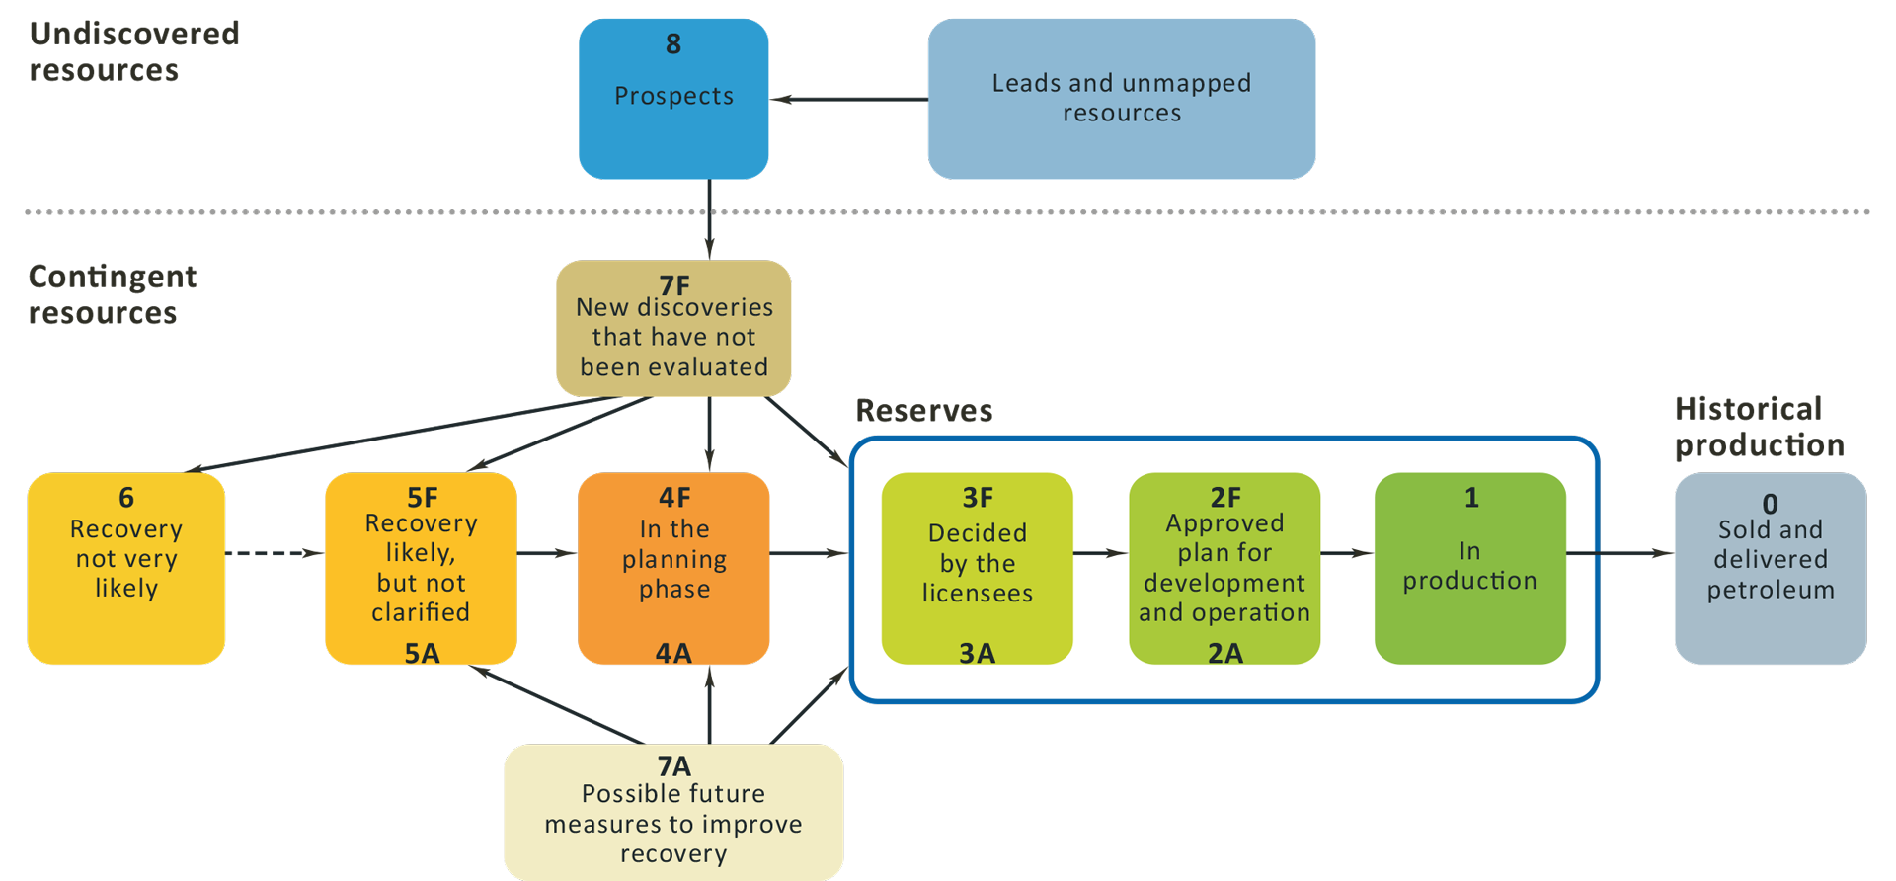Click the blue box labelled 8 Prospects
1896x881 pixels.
[x=673, y=99]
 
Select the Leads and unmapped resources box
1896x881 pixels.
[x=1121, y=99]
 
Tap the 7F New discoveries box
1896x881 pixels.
[x=673, y=329]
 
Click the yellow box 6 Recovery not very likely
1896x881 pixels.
[x=126, y=568]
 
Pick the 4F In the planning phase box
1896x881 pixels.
[x=673, y=568]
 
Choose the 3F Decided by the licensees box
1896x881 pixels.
[x=977, y=568]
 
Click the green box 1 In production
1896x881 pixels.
[x=1469, y=568]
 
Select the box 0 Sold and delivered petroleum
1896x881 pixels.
[x=1770, y=568]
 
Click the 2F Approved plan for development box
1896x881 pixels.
[x=1224, y=568]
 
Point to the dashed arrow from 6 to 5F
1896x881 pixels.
[x=275, y=553]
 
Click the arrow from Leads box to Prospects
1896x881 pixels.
[x=849, y=99]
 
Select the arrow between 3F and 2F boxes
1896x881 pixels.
[x=1100, y=553]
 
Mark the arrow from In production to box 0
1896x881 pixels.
[x=1619, y=553]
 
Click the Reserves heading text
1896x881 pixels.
[x=923, y=410]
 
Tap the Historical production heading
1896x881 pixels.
[x=1758, y=427]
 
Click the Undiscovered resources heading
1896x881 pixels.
[x=133, y=51]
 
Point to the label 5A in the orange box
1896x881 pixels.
[x=422, y=653]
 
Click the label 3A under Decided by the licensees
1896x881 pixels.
[x=977, y=653]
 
